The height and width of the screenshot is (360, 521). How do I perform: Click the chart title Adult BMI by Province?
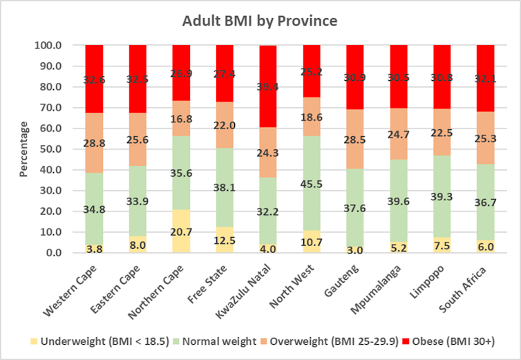[x=260, y=21]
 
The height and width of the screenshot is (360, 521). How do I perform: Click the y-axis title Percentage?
[x=23, y=149]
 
